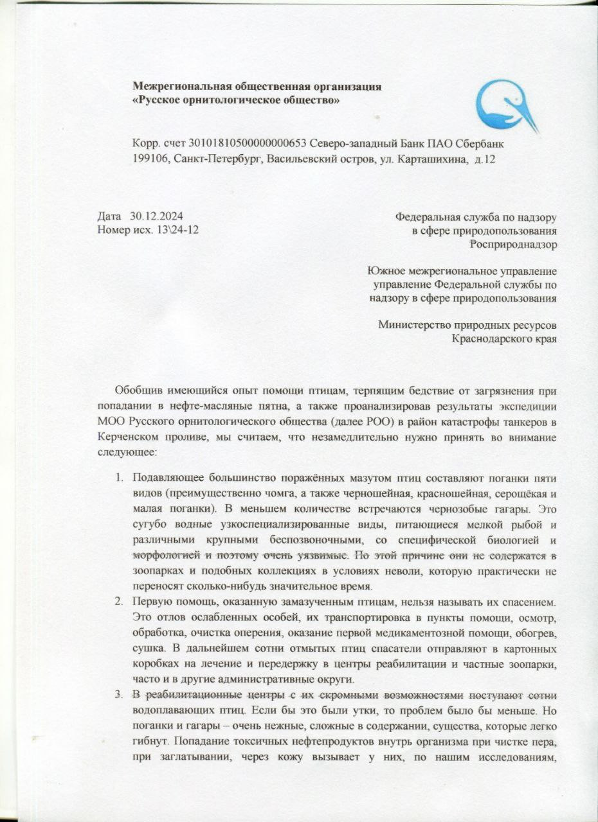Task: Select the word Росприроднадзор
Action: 512,243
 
